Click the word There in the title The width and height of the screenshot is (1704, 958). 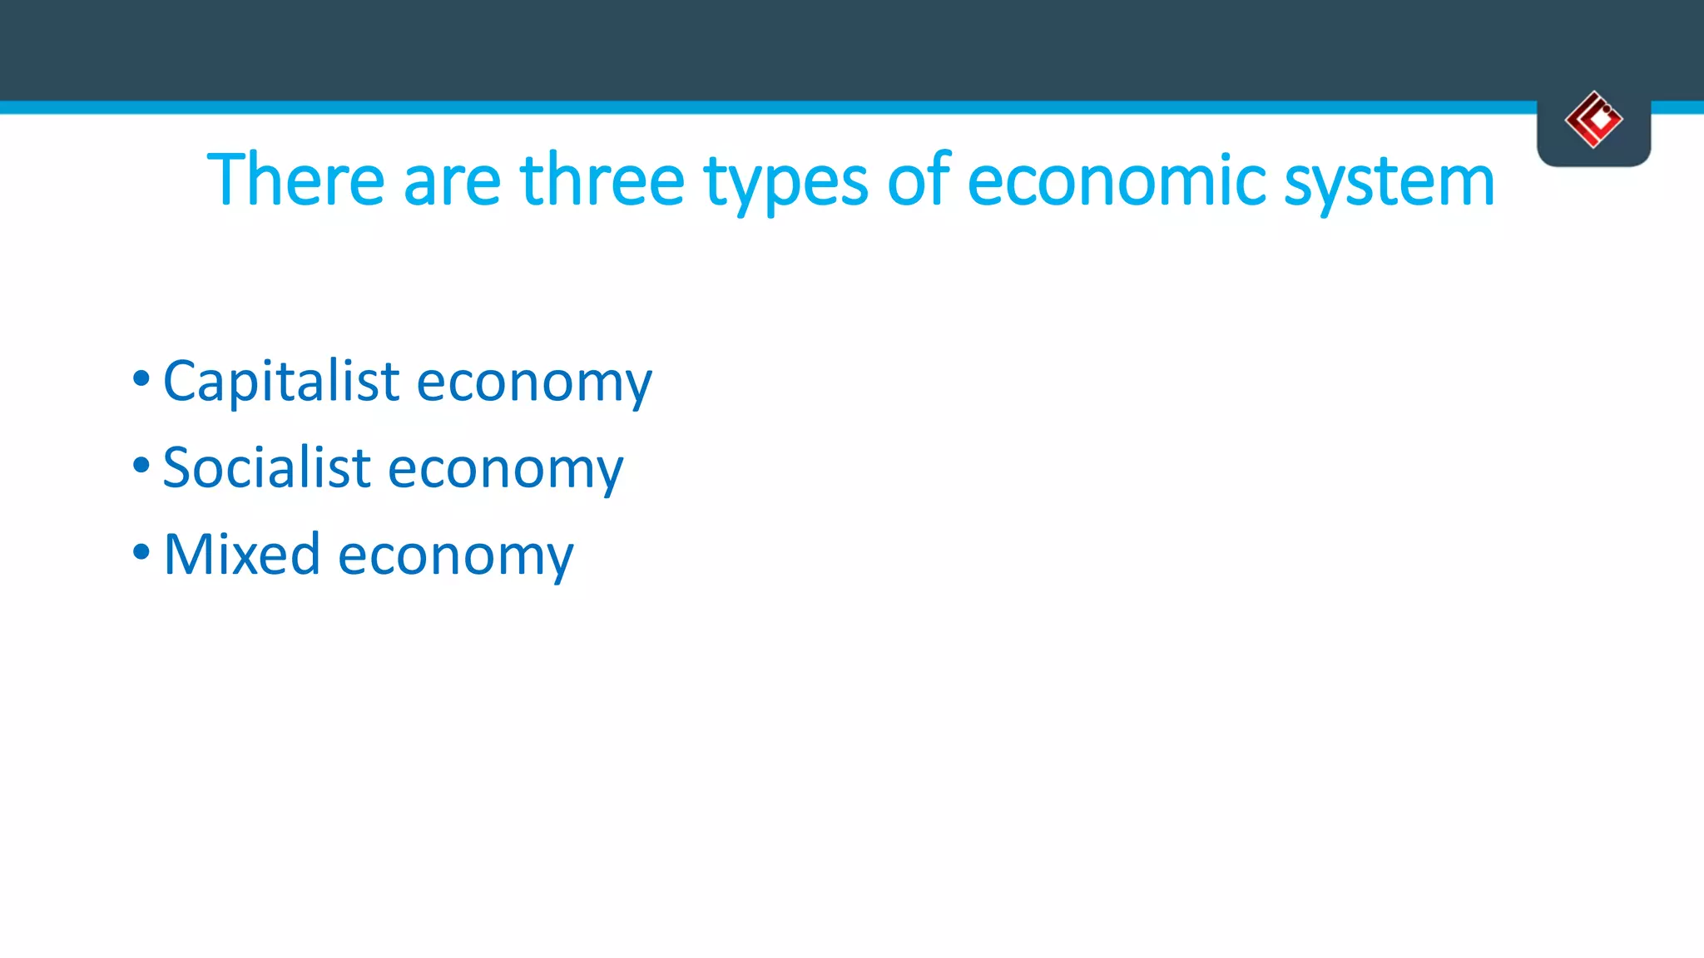(x=295, y=180)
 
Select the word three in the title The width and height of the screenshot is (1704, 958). (x=602, y=180)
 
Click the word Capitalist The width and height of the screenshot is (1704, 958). (x=281, y=382)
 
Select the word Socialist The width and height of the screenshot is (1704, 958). (x=266, y=467)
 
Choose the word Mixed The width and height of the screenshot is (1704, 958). (x=241, y=554)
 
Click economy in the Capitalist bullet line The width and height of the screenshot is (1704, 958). (x=533, y=385)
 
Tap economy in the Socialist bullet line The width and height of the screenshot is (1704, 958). (x=505, y=471)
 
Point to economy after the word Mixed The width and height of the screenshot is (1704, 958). (x=455, y=557)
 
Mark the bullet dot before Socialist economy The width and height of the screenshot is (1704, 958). (x=141, y=466)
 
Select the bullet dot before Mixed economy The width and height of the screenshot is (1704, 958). (x=141, y=552)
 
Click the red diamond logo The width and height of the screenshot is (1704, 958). (x=1593, y=120)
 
